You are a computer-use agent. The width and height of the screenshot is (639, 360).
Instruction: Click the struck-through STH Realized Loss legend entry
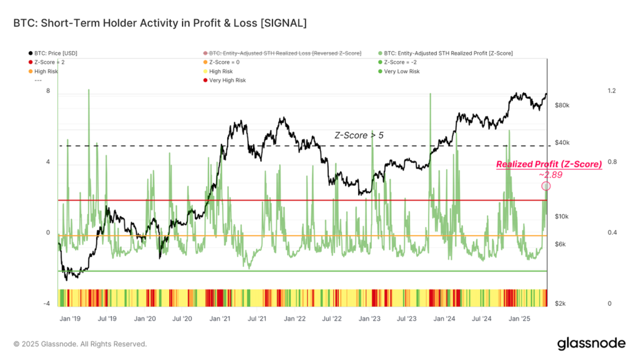284,54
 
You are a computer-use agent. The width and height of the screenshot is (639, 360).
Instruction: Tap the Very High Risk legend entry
227,80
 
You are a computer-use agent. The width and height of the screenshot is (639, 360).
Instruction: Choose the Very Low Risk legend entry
401,72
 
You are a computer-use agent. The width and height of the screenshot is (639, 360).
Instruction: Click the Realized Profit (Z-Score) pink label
549,165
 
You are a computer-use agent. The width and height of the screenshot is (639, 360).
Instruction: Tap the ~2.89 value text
550,175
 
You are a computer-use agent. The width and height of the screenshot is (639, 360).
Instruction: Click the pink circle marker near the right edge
546,186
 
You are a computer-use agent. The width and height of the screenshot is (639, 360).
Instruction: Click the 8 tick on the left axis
47,91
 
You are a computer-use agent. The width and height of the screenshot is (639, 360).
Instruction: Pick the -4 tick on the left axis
46,304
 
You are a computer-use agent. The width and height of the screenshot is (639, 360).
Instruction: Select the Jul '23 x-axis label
406,318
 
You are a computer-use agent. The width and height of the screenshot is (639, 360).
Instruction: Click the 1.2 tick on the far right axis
612,91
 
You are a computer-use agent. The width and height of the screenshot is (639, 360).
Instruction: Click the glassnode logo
590,343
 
